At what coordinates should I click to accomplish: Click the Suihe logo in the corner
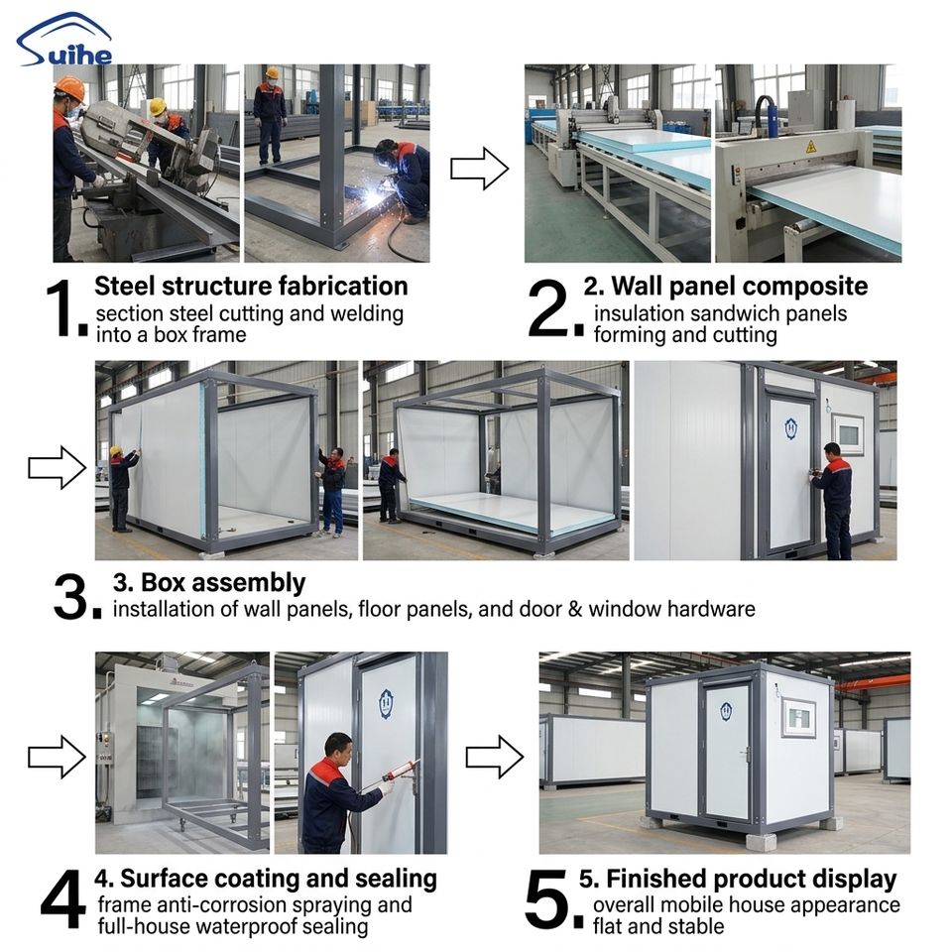pyautogui.click(x=64, y=40)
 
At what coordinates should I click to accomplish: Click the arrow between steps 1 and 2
pyautogui.click(x=479, y=169)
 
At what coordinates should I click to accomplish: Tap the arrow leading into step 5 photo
pyautogui.click(x=494, y=757)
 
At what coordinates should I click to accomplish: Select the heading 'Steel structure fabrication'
pyautogui.click(x=251, y=286)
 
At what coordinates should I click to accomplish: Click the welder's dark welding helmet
pyautogui.click(x=386, y=152)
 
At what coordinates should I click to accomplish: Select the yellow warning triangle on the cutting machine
pyautogui.click(x=811, y=147)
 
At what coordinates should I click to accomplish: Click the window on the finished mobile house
pyautogui.click(x=798, y=718)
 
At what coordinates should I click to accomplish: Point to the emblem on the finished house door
pyautogui.click(x=726, y=710)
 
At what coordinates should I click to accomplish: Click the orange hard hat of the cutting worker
pyautogui.click(x=70, y=88)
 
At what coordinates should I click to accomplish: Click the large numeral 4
pyautogui.click(x=62, y=899)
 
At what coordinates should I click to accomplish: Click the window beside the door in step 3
pyautogui.click(x=848, y=434)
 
